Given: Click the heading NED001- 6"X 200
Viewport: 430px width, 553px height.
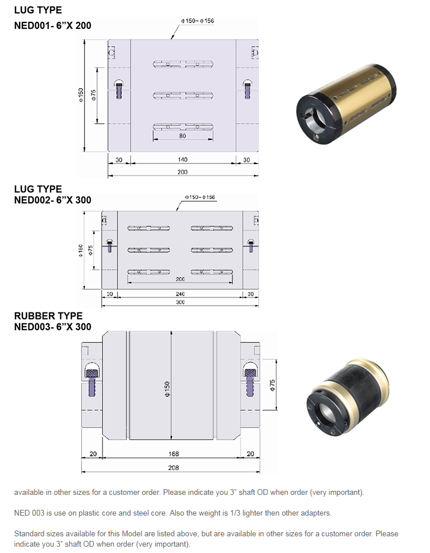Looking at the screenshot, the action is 52,25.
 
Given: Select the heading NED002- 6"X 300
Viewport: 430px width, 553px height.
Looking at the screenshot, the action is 52,200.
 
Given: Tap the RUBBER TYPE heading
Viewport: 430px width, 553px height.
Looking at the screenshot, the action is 48,316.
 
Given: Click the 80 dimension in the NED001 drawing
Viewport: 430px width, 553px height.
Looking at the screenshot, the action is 182,136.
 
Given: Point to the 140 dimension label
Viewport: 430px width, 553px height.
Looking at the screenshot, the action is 182,159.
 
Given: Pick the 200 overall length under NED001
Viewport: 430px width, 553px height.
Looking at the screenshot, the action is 182,171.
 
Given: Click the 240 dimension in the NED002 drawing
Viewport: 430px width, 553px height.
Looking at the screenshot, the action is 180,294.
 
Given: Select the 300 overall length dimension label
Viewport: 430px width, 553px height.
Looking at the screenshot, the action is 180,302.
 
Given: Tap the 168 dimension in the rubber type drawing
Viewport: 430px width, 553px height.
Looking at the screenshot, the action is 173,454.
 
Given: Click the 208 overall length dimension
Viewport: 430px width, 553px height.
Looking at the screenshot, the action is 173,468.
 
